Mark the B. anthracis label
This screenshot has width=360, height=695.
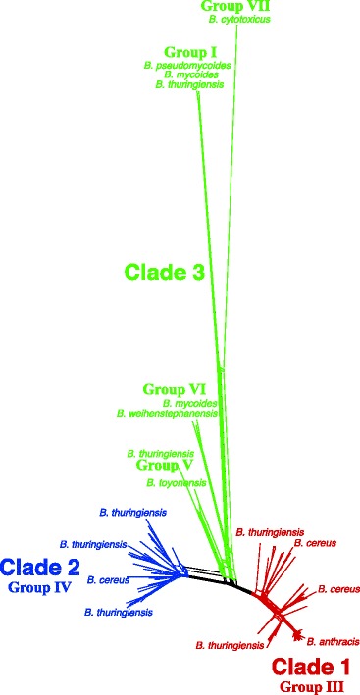coord(332,641)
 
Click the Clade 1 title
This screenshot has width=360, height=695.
coord(312,668)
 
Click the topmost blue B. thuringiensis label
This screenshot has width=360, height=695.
coord(132,512)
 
